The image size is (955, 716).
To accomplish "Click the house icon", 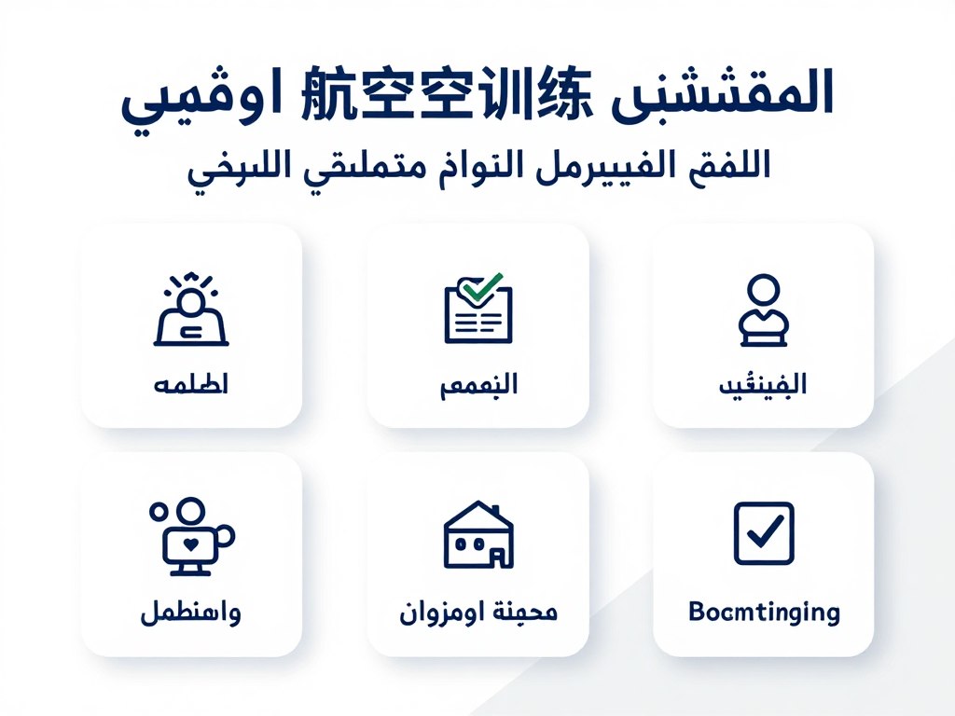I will pyautogui.click(x=477, y=534).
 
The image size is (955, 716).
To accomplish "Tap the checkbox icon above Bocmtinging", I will pyautogui.click(x=763, y=532).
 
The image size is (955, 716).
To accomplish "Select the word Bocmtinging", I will pyautogui.click(x=763, y=613).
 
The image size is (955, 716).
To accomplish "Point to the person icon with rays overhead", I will pyautogui.click(x=191, y=312).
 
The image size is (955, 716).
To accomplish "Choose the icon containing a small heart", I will pyautogui.click(x=190, y=533).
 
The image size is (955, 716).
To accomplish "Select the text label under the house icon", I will pyautogui.click(x=477, y=613).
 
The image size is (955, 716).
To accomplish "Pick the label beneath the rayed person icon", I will pyautogui.click(x=190, y=384).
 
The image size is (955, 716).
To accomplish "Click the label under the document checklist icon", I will pyautogui.click(x=477, y=384).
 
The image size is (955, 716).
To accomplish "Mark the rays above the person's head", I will pyautogui.click(x=191, y=282).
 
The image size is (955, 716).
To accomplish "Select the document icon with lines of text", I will pyautogui.click(x=477, y=310).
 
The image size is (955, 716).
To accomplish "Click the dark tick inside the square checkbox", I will pyautogui.click(x=765, y=531).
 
